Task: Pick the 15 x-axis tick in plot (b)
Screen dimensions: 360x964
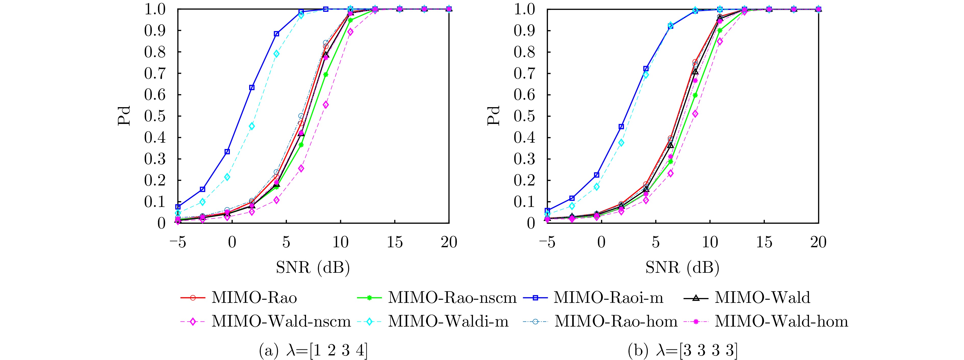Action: coord(764,242)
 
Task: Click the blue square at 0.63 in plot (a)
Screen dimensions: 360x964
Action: coord(252,88)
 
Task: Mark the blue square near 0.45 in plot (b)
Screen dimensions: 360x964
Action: coord(621,127)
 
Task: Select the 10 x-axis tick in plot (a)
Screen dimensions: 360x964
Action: coord(340,242)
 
